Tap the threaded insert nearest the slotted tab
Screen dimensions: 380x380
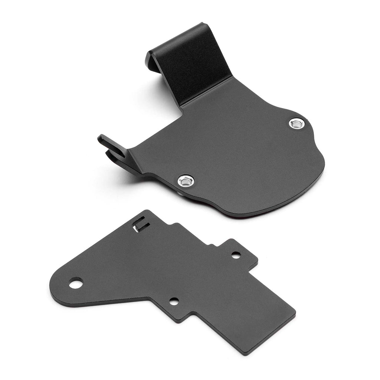pyautogui.click(x=184, y=181)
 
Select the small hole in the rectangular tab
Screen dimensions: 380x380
pyautogui.click(x=236, y=255)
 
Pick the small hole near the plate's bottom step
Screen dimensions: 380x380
pyautogui.click(x=174, y=301)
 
